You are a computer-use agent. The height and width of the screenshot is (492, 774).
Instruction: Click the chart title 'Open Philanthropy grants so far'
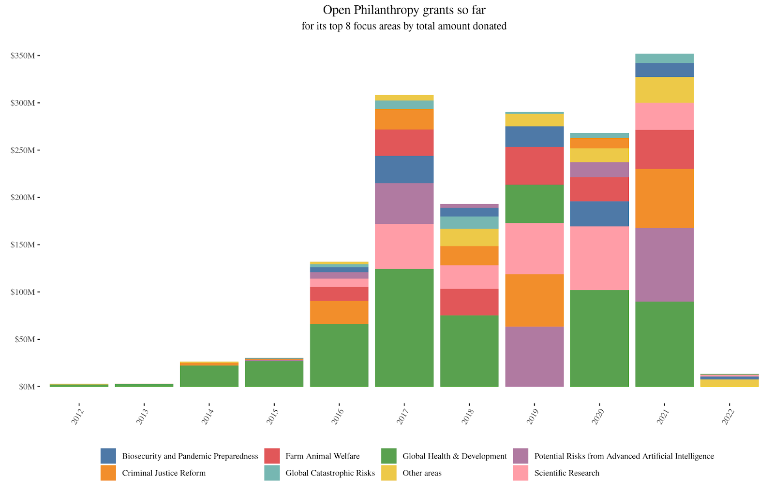click(404, 10)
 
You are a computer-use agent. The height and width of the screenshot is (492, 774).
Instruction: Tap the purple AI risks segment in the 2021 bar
click(664, 265)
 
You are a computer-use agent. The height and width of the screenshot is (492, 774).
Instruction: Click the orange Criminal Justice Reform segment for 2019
click(534, 300)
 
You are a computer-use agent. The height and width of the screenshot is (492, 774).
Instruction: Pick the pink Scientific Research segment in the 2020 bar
click(599, 258)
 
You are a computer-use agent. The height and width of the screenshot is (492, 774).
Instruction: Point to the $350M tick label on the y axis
click(23, 56)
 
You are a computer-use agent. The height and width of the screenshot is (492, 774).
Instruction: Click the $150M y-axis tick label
click(23, 245)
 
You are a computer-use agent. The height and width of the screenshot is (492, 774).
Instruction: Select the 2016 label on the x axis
click(338, 416)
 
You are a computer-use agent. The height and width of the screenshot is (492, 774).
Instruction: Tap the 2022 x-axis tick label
click(728, 416)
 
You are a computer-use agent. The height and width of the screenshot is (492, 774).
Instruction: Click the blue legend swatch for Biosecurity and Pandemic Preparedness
click(108, 456)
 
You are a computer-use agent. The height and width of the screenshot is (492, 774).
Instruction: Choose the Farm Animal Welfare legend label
click(322, 456)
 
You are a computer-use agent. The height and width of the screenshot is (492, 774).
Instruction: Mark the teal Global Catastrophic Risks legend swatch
click(272, 473)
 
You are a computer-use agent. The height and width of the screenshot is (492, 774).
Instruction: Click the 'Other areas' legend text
click(422, 473)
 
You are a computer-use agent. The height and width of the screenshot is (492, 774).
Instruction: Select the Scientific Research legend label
click(566, 473)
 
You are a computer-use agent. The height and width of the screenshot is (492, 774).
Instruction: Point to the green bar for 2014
click(209, 376)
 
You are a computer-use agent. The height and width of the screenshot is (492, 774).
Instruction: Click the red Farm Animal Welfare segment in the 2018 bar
click(469, 302)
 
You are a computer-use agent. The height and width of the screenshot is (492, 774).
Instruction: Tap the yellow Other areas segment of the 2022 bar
click(729, 383)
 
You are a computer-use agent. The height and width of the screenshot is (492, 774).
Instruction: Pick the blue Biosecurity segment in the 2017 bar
click(404, 170)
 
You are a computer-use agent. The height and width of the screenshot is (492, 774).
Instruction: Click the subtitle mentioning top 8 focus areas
click(404, 26)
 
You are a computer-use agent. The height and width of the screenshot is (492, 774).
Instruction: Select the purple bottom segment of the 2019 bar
click(534, 357)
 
